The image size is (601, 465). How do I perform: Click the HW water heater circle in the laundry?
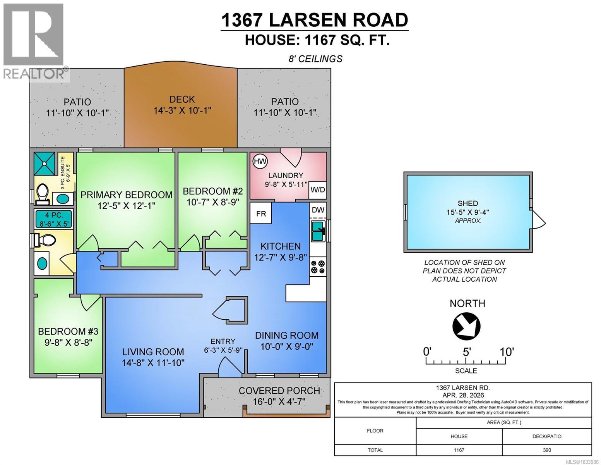pos(260,161)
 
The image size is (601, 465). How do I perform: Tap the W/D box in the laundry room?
pos(318,190)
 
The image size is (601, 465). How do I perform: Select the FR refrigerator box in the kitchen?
pos(261,214)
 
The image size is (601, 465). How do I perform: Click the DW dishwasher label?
pos(318,210)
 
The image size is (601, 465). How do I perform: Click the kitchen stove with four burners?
pos(318,266)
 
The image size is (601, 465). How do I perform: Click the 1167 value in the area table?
pos(459,450)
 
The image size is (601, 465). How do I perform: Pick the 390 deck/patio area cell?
pos(546,450)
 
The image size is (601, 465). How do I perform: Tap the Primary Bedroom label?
pos(126,195)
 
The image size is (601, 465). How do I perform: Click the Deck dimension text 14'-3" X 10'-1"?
pos(182,111)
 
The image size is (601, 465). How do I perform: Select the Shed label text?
pos(467,203)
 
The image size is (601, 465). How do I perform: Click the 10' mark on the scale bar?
pos(506,352)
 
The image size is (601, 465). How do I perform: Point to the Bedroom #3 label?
pos(68,331)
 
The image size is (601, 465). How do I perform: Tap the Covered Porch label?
pos(279,391)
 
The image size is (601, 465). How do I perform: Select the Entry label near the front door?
pos(223,341)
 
